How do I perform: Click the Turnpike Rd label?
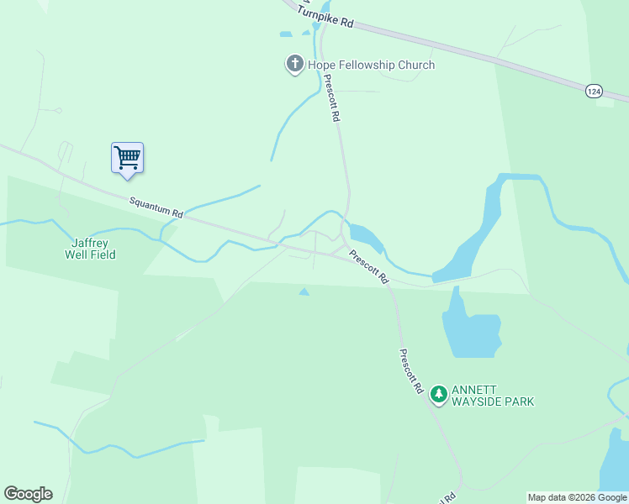(325, 16)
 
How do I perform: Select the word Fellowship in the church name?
(364, 65)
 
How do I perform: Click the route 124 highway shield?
(594, 91)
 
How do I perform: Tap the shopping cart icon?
(127, 156)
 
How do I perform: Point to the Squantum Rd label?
(156, 207)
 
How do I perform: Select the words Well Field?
(90, 255)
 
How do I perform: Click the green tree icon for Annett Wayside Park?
(438, 393)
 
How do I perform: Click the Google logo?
(28, 494)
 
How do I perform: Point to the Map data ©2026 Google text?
(577, 497)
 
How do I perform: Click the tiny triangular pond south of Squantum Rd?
(304, 291)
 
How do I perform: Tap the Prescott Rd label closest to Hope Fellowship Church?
(331, 98)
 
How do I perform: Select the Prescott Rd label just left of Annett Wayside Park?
(410, 371)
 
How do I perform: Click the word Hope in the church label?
(321, 65)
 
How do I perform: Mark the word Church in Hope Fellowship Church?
(416, 65)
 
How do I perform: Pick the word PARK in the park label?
(521, 402)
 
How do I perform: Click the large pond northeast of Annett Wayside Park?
(470, 326)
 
